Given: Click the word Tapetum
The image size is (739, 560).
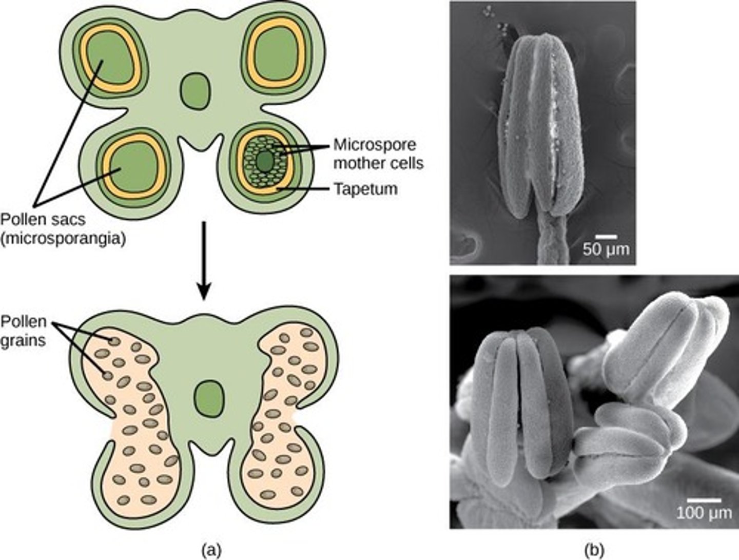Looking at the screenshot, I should coord(365,189).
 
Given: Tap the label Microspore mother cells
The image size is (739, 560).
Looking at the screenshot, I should coord(378,153).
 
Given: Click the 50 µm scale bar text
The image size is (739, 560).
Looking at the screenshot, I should coord(606,250).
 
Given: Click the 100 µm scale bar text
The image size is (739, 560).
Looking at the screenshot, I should coord(703,512).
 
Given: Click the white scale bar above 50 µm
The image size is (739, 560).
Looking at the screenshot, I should coord(606,237).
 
